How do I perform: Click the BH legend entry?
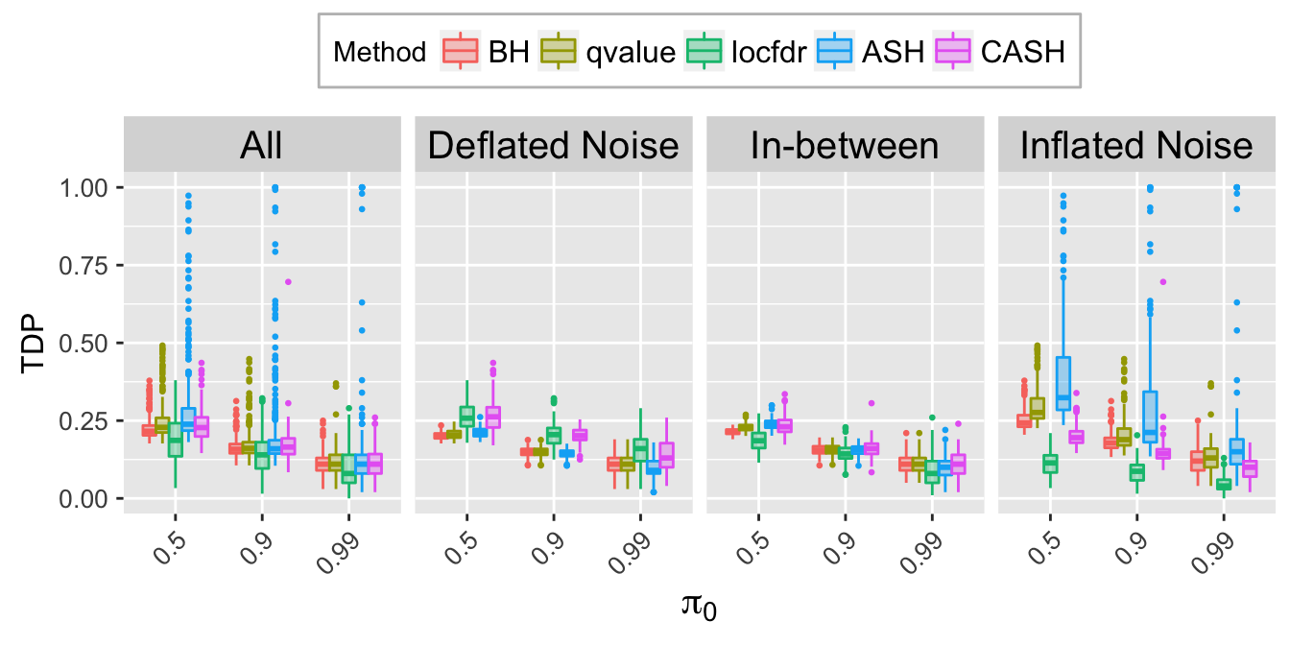[x=485, y=52]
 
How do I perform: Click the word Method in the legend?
[x=380, y=52]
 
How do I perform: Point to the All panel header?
[x=261, y=146]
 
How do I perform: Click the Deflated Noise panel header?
[x=553, y=146]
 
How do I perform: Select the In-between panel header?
[x=845, y=146]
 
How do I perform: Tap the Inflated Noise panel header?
[x=1136, y=146]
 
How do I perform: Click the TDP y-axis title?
[x=36, y=343]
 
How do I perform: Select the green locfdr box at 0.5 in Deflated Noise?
[x=466, y=416]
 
